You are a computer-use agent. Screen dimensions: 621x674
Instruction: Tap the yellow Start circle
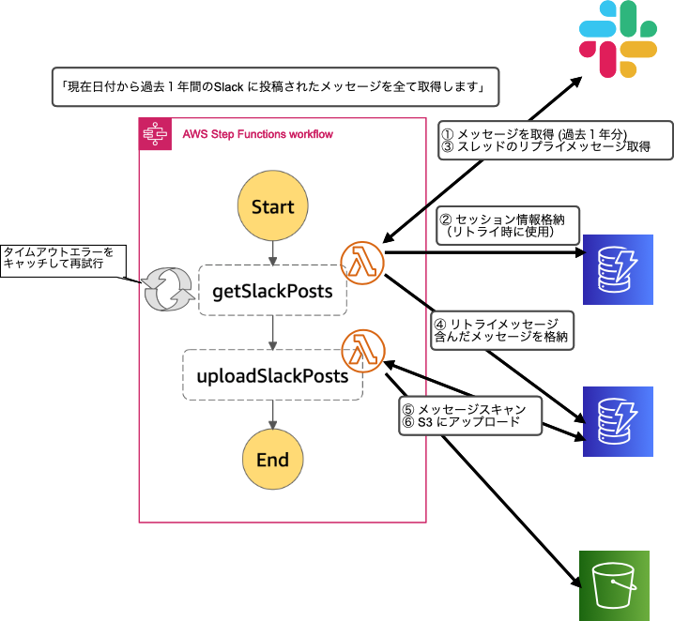pos(272,206)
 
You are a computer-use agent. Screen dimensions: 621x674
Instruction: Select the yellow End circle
pos(272,460)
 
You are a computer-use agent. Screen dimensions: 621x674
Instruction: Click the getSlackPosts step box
pos(272,291)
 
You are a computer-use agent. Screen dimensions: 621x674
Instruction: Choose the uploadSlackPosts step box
pos(272,375)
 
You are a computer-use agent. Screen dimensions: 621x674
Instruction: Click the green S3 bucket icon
pos(616,585)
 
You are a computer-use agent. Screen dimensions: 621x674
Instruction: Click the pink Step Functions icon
pos(153,134)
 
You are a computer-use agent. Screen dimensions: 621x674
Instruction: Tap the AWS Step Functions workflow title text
pos(257,134)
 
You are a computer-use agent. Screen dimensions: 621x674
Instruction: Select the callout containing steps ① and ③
pos(555,141)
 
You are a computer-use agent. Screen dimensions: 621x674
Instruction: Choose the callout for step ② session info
pos(508,223)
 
